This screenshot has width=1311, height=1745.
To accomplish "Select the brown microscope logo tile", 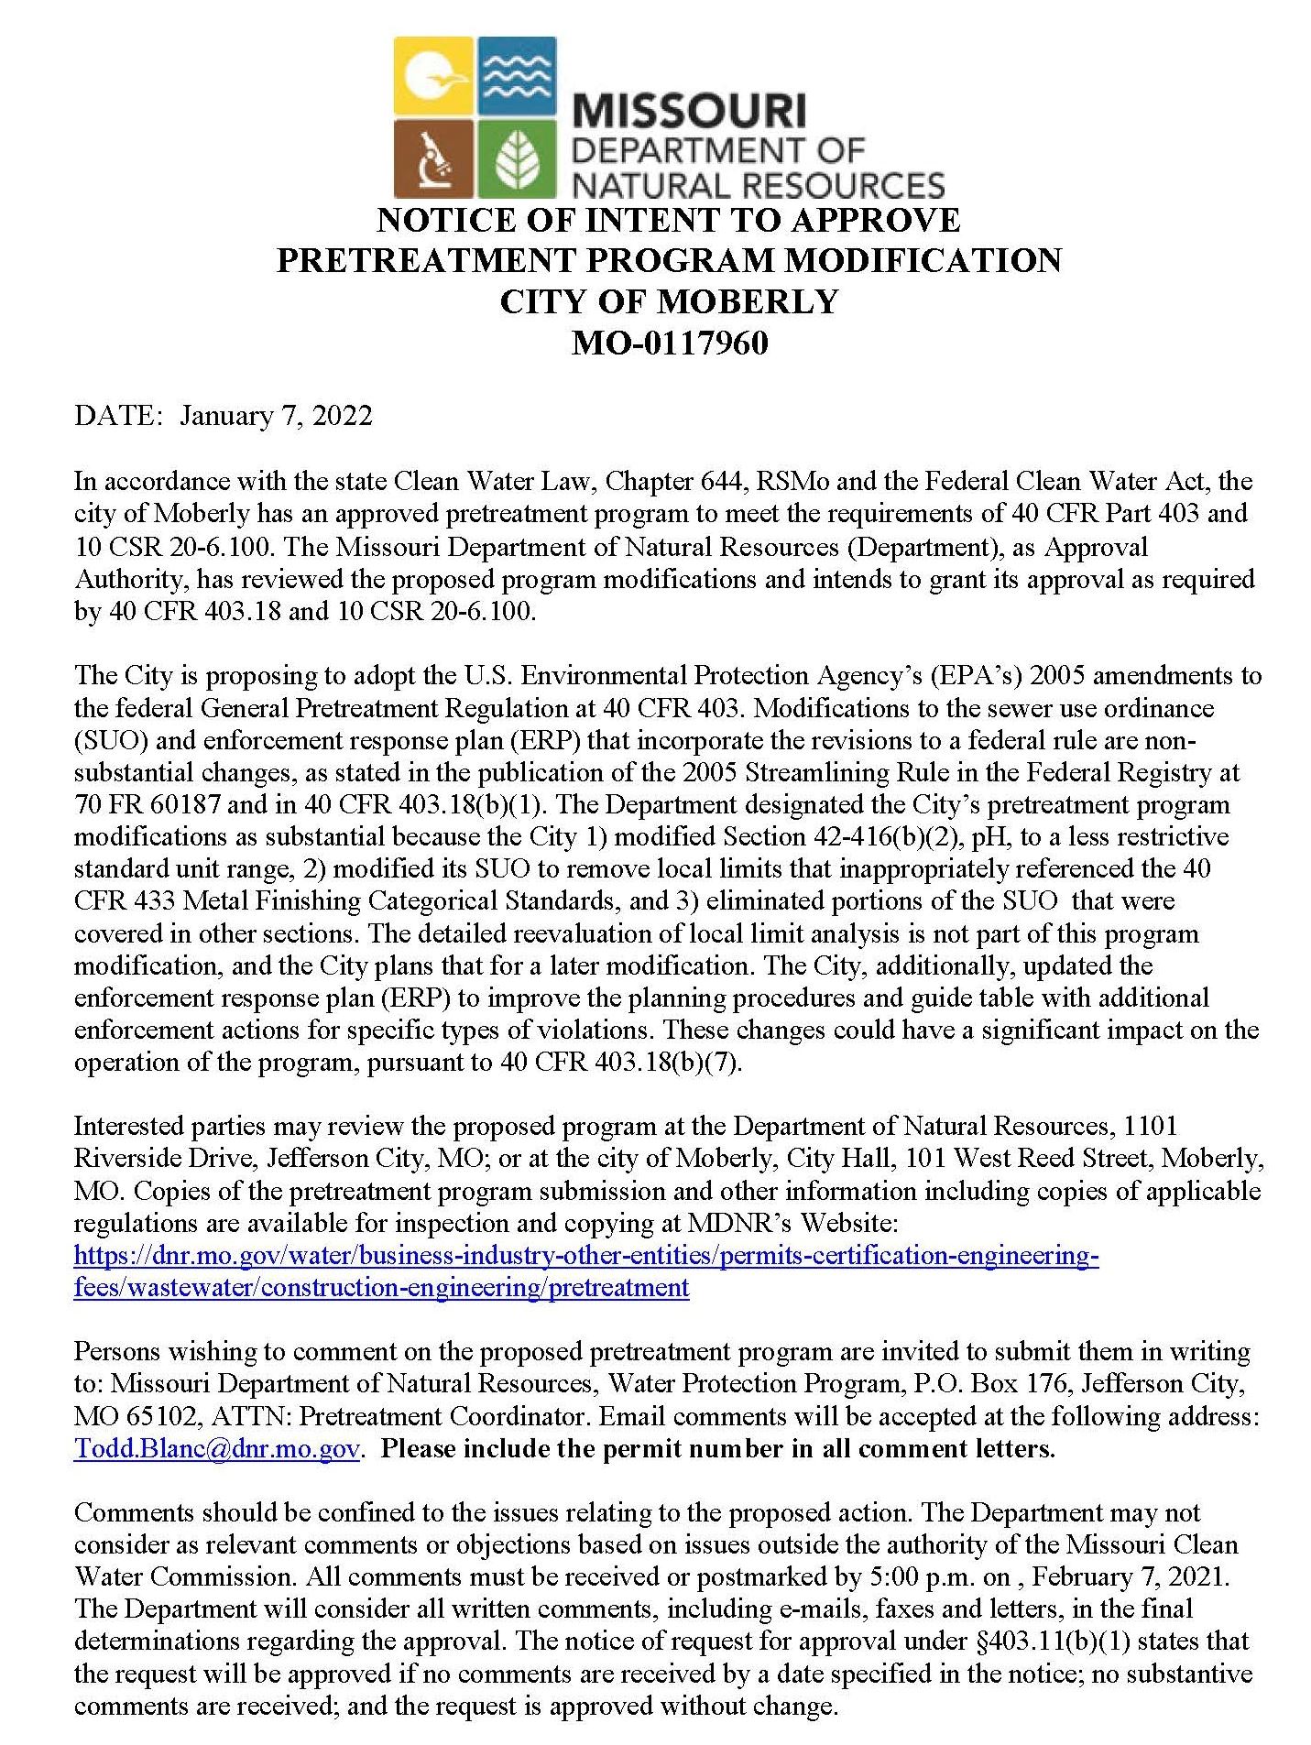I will coord(433,158).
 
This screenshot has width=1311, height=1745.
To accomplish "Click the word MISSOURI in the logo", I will coord(688,112).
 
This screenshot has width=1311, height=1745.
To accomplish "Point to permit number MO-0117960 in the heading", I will coord(669,343).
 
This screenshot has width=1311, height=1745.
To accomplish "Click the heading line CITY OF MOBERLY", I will coord(669,301).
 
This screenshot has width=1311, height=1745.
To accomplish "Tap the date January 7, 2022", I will coord(276,416).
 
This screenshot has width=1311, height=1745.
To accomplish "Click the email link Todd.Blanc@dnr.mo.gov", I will coord(216,1448).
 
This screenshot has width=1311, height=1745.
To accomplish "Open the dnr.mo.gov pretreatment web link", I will coord(585,1255).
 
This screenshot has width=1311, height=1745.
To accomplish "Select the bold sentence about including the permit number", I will coord(717,1448).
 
